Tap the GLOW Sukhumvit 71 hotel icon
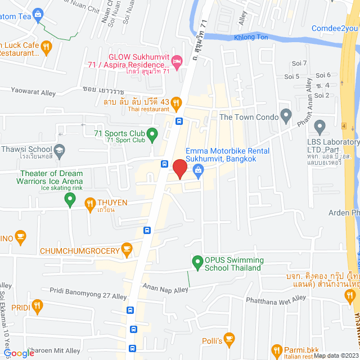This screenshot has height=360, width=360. click(177, 60)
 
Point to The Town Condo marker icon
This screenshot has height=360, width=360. click(286, 117)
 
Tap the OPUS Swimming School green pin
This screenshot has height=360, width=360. click(197, 262)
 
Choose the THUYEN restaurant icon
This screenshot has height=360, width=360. click(89, 203)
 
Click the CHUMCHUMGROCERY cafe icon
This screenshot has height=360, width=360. click(127, 249)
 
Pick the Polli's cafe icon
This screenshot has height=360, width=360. click(228, 339)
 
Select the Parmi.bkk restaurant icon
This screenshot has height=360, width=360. click(276, 350)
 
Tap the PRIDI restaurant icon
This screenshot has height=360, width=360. click(38, 307)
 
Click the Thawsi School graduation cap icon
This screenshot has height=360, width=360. click(59, 150)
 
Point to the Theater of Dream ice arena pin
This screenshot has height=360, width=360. click(70, 198)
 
